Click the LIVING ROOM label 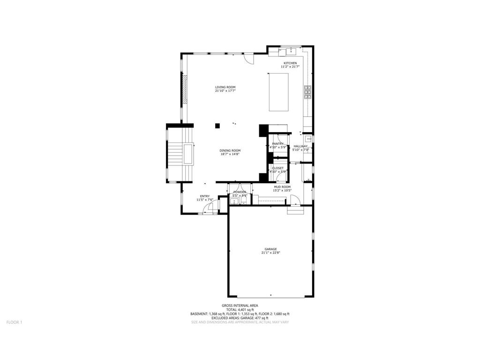tap(225, 87)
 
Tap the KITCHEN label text tap(290, 63)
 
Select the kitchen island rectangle tap(278, 92)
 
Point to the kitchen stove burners tap(308, 93)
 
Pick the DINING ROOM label tap(230, 150)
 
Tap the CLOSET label tap(277, 168)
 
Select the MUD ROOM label tap(282, 187)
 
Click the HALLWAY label tap(300, 146)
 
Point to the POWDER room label tap(240, 192)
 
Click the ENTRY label tap(205, 196)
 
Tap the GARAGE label tap(270, 249)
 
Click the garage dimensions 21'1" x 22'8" tap(270, 253)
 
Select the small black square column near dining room tap(217, 126)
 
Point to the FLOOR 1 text tap(14, 322)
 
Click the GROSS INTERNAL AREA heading tap(240, 305)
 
